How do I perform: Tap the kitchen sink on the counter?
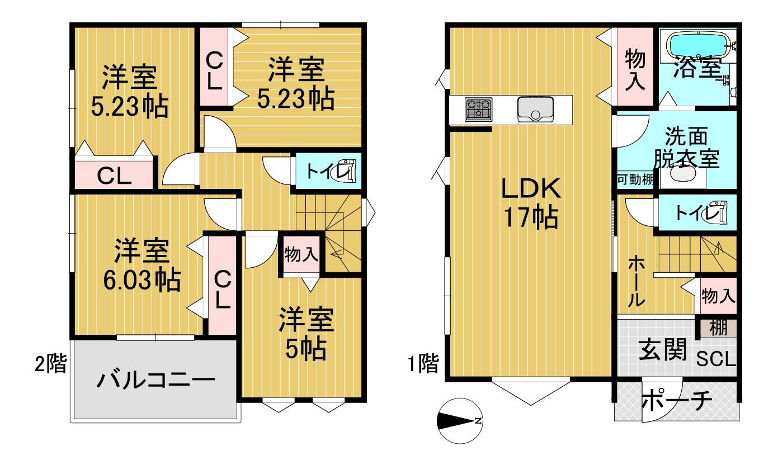[535, 110]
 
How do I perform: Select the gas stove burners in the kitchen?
[479, 110]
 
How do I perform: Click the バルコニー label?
[155, 379]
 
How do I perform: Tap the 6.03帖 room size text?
[142, 279]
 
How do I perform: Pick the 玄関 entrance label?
[663, 350]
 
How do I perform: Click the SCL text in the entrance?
[716, 359]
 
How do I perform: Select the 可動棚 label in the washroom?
[635, 179]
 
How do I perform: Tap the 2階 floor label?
[51, 363]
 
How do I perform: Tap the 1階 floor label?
[423, 363]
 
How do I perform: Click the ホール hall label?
[636, 281]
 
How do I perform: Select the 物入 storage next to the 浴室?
[635, 67]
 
